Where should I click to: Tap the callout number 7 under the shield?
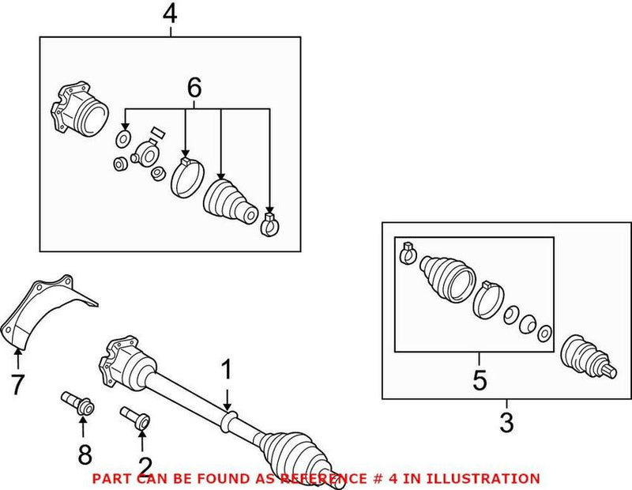coord(17,385)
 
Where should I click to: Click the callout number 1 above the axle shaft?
coord(227,370)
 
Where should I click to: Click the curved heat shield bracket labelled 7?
coord(47,308)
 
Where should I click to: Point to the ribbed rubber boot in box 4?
coord(228,202)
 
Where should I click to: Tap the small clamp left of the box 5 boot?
coord(408,252)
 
